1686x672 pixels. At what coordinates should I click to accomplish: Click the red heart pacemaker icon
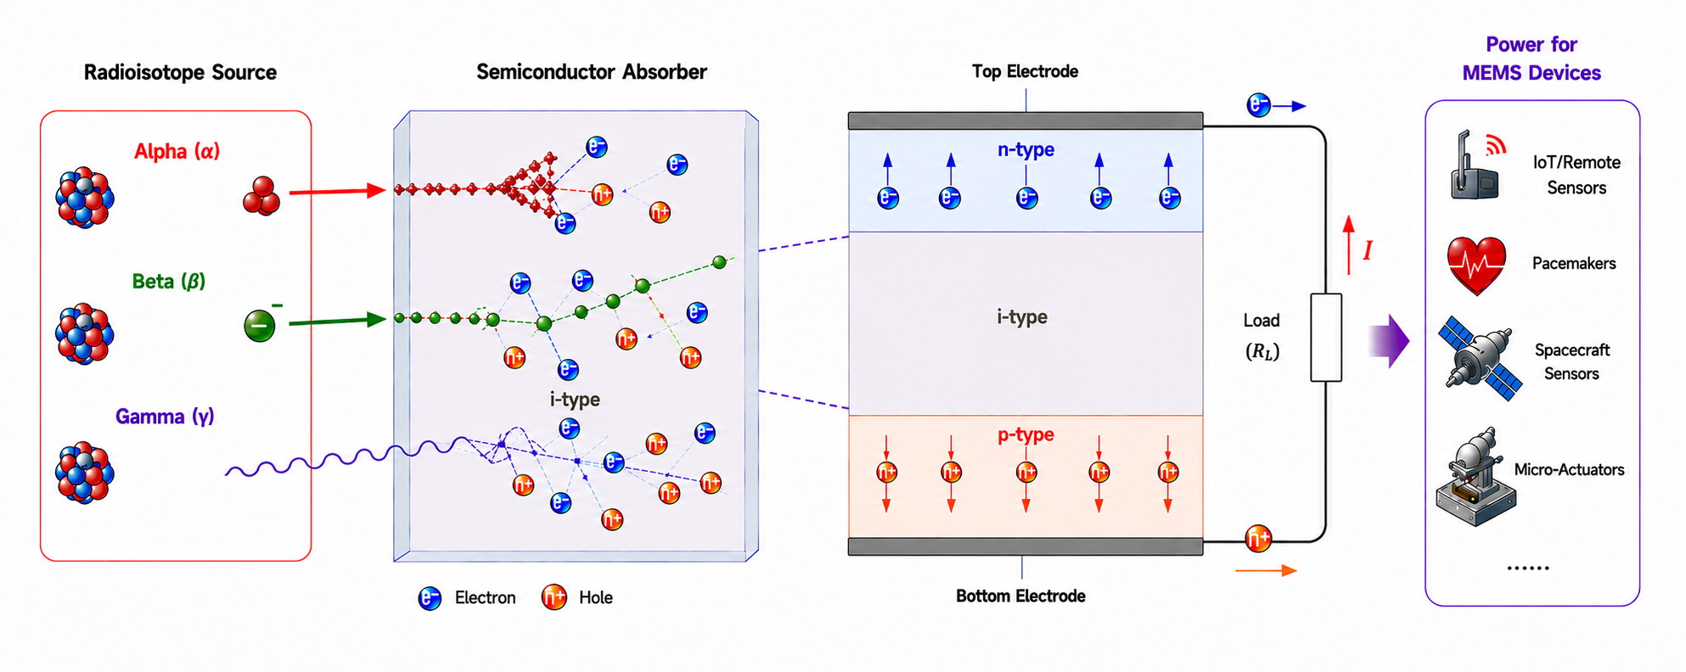click(1476, 265)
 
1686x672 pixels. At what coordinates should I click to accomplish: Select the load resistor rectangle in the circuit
click(1326, 338)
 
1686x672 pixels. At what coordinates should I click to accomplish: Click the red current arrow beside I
click(1348, 245)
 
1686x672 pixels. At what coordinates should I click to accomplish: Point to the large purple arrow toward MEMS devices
click(1389, 341)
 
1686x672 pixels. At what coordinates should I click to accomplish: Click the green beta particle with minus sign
click(260, 325)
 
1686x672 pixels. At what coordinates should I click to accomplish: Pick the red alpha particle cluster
click(261, 196)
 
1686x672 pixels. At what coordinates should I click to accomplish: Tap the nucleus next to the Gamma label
click(84, 473)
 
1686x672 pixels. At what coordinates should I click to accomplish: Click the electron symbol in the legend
click(430, 598)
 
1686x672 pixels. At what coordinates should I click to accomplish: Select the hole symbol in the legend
click(554, 597)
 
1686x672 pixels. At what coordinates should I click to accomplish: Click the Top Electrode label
click(1025, 71)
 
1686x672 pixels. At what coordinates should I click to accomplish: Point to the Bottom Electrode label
click(1020, 596)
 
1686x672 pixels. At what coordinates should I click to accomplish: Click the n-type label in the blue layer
click(1026, 149)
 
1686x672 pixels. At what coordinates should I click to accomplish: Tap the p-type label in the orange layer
click(1026, 434)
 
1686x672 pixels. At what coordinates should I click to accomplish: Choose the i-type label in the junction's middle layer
click(1021, 316)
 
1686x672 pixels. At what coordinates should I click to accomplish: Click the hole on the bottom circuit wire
click(1258, 538)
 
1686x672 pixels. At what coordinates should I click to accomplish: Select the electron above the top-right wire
click(1258, 105)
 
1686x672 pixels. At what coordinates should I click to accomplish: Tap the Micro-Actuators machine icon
click(1475, 478)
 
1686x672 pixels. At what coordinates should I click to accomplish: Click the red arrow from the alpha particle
click(337, 192)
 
